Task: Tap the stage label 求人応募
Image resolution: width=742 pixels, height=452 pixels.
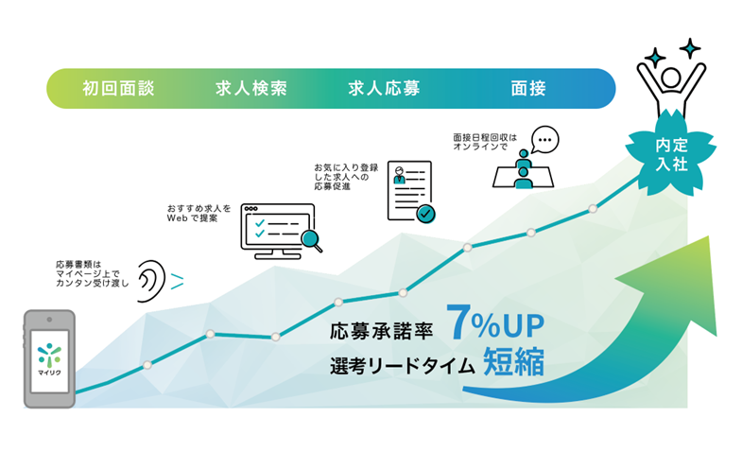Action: [x=384, y=89]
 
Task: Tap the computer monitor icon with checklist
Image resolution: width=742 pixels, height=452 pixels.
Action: [x=274, y=228]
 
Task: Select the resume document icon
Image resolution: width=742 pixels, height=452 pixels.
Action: [x=408, y=190]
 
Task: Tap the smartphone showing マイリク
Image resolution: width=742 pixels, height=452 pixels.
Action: [x=48, y=358]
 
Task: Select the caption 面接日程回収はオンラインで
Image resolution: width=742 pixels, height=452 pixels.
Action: [x=485, y=142]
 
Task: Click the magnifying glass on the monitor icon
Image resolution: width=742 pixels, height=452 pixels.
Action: [x=309, y=241]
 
